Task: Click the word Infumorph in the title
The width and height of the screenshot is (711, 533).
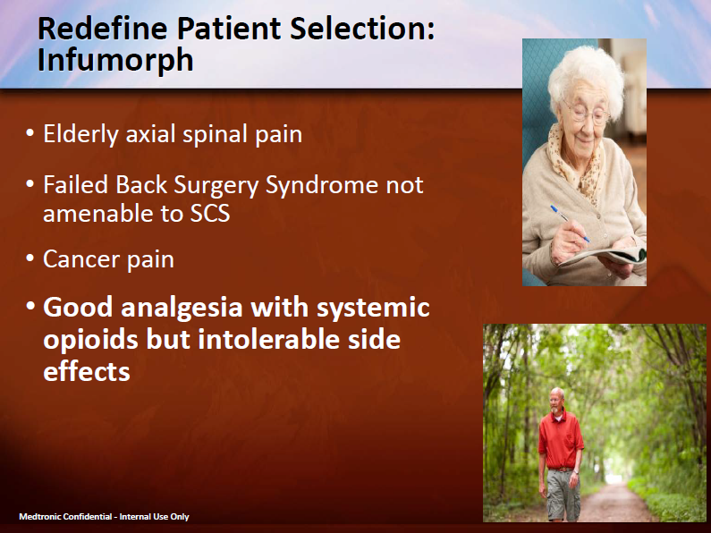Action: (x=115, y=59)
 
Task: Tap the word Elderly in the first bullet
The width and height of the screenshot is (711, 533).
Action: (x=80, y=134)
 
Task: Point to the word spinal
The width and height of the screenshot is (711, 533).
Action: (x=210, y=134)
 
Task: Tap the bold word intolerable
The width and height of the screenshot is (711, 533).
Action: (x=263, y=340)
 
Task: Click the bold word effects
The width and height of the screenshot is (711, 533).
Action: (x=87, y=371)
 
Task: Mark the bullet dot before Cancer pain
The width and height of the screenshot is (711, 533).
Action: (x=32, y=260)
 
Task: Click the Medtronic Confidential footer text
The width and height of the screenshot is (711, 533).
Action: (x=104, y=517)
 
